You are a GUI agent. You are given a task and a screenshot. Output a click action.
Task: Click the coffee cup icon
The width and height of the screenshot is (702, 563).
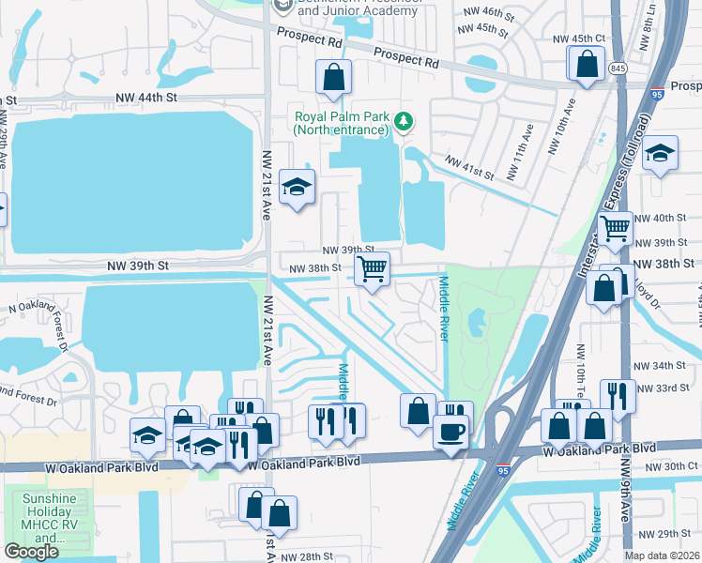(x=450, y=433)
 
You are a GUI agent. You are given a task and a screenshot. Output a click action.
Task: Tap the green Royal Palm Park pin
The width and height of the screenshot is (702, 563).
(x=403, y=120)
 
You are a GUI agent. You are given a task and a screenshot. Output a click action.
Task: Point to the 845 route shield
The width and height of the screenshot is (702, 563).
(x=617, y=68)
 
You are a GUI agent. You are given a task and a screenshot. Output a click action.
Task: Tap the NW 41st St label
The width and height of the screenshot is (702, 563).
(x=470, y=168)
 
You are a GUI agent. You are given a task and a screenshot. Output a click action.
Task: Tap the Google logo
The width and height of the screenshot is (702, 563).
(x=31, y=552)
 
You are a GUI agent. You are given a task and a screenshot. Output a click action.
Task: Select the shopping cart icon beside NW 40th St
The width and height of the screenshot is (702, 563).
(x=615, y=228)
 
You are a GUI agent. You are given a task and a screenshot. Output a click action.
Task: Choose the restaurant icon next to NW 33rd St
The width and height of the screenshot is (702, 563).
(x=617, y=395)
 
